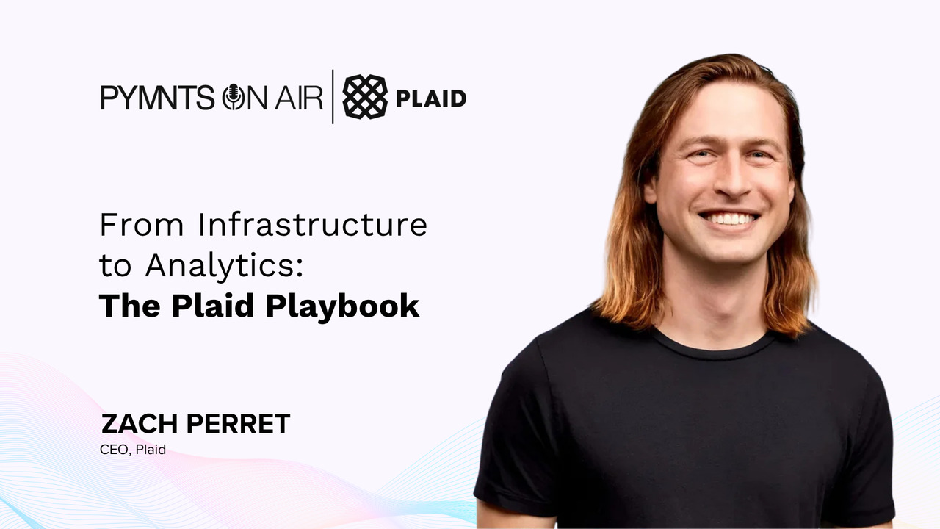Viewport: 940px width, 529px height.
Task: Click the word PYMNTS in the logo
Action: [x=157, y=98]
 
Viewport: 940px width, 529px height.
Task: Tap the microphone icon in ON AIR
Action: [x=233, y=97]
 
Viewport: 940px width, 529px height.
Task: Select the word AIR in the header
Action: [x=299, y=98]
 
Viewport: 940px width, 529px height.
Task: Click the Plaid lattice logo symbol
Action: [x=365, y=96]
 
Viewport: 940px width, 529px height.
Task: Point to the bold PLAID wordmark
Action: [x=431, y=98]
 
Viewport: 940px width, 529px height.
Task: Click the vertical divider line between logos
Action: [x=333, y=96]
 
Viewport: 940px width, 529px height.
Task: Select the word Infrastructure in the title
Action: [x=313, y=225]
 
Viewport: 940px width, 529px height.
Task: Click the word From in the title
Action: [x=142, y=225]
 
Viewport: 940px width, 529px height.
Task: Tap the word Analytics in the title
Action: [x=220, y=267]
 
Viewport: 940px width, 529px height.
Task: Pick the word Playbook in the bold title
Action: [x=342, y=307]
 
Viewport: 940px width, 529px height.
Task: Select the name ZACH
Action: [x=140, y=424]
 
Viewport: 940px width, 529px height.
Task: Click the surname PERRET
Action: [x=238, y=424]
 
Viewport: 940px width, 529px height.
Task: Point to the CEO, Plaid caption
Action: [x=133, y=450]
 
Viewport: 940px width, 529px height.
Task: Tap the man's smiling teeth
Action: [x=729, y=219]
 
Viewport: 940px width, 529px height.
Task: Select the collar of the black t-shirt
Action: [x=713, y=348]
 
